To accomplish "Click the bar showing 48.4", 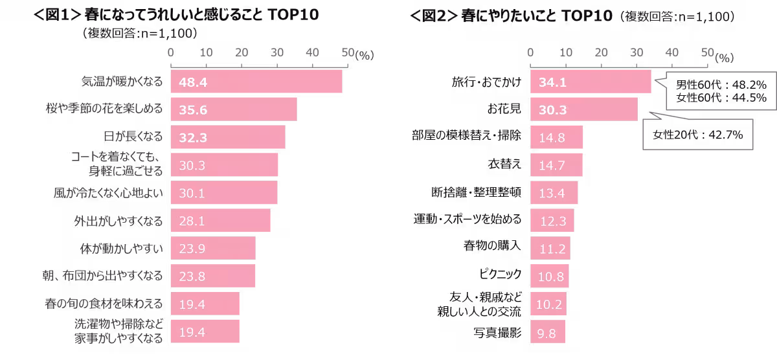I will (x=256, y=82).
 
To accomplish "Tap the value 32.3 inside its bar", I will (x=193, y=138).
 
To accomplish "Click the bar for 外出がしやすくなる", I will (x=220, y=221).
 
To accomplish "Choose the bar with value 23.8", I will (x=212, y=276).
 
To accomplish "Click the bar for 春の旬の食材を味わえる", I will (x=205, y=304).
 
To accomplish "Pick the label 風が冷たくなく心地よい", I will (x=108, y=193).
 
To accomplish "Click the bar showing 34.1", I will (x=590, y=82).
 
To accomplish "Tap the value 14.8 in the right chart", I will (x=552, y=138).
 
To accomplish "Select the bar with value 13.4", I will (x=554, y=193).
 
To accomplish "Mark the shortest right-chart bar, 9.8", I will (x=548, y=332).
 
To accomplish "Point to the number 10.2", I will (x=552, y=304).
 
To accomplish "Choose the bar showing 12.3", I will (x=552, y=221).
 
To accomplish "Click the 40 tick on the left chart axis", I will (x=311, y=52).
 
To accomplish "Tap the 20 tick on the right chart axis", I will (x=601, y=52).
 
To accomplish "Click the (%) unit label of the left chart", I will (x=365, y=56).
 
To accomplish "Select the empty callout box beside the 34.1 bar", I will (x=721, y=91).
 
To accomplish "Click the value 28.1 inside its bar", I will (x=192, y=221).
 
